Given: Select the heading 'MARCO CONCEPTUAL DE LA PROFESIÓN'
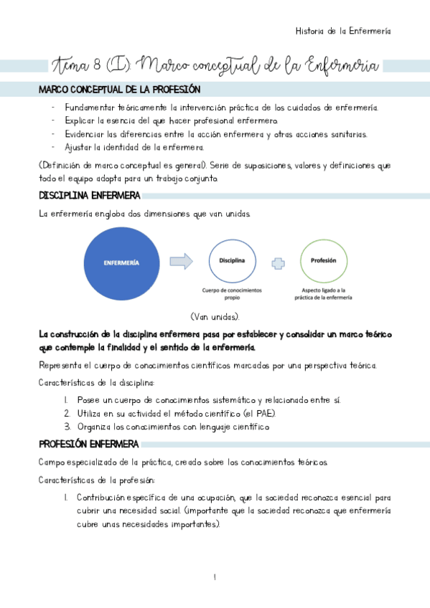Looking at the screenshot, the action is click(119, 90).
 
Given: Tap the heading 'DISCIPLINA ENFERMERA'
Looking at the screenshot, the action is click(90, 196).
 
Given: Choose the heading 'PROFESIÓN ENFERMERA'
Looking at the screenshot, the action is click(89, 444).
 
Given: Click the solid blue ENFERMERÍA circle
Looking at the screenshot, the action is click(121, 262).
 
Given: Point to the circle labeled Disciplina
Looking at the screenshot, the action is click(232, 260).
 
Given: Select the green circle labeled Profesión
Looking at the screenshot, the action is click(324, 260).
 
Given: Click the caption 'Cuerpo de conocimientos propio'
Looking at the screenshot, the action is click(232, 294).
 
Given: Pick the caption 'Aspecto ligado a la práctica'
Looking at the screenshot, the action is click(324, 294).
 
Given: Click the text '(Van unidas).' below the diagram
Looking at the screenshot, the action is click(215, 316).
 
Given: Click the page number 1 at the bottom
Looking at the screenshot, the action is click(215, 578).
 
